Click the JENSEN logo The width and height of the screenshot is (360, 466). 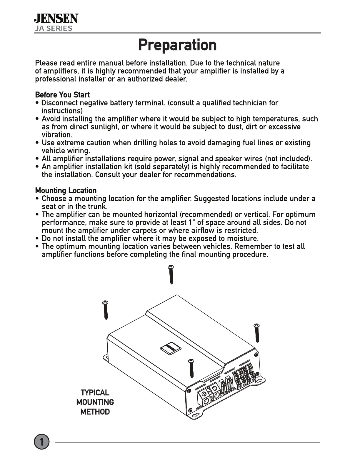coord(56,19)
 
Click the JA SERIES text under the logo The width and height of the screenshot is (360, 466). coord(53,29)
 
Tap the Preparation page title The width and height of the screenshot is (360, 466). coord(177,45)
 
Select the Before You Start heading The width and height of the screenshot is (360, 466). coord(62,95)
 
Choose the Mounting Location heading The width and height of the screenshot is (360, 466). coord(66,190)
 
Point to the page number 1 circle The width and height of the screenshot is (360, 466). coord(41,442)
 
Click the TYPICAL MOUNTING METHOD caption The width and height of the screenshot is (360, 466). coord(95,402)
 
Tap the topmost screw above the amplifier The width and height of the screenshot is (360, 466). coord(171,274)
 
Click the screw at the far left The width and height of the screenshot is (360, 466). coord(106,310)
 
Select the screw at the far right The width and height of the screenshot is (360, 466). coord(257,333)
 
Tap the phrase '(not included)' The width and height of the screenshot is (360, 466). coord(288,159)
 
